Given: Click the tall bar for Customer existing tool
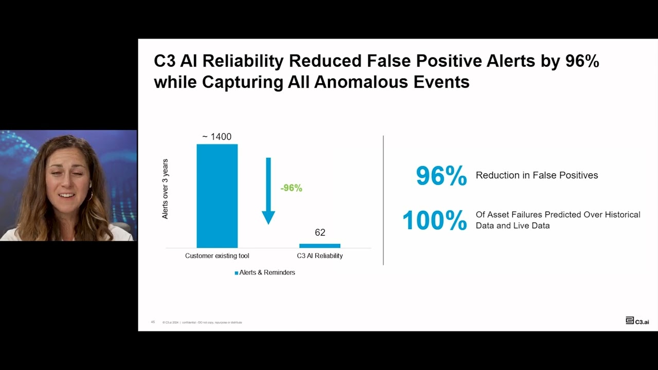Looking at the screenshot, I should coord(217,196).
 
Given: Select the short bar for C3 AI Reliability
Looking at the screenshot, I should coord(320,246).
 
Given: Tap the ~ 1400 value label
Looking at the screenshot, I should coord(216,137).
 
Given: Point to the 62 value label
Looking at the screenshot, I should coord(320,233).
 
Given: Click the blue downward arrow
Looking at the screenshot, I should coord(268,191).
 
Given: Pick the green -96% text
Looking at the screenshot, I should coord(291,188).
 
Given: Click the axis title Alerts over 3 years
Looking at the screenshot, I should coord(166,189).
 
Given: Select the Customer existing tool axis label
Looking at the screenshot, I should coord(217,256).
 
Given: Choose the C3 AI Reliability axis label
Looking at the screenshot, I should coord(320,256).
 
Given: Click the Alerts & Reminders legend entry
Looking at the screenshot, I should coord(265,272).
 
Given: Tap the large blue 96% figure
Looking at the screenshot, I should coord(441,176).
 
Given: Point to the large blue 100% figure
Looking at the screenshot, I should coord(434,220).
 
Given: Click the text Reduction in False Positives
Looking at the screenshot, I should coord(537,175).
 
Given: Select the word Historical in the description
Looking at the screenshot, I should coord(622,215).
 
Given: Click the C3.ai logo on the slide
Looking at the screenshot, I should coord(637,321).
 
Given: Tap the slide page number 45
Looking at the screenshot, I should coord(153,322).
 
